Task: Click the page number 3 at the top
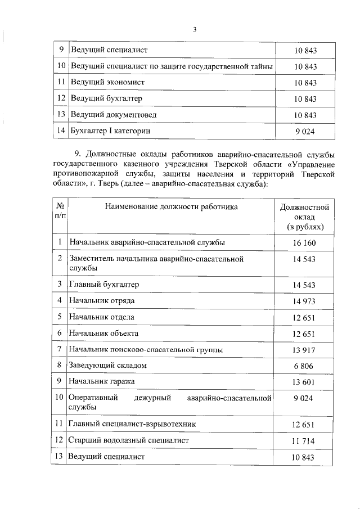[194, 30]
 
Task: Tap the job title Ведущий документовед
[113, 115]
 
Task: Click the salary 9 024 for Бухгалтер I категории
[305, 131]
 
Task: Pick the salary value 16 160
[304, 243]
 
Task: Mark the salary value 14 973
[304, 301]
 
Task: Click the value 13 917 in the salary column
[304, 350]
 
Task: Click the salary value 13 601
[304, 382]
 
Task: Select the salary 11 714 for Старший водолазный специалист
[304, 440]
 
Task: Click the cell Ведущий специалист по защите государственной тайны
[172, 66]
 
